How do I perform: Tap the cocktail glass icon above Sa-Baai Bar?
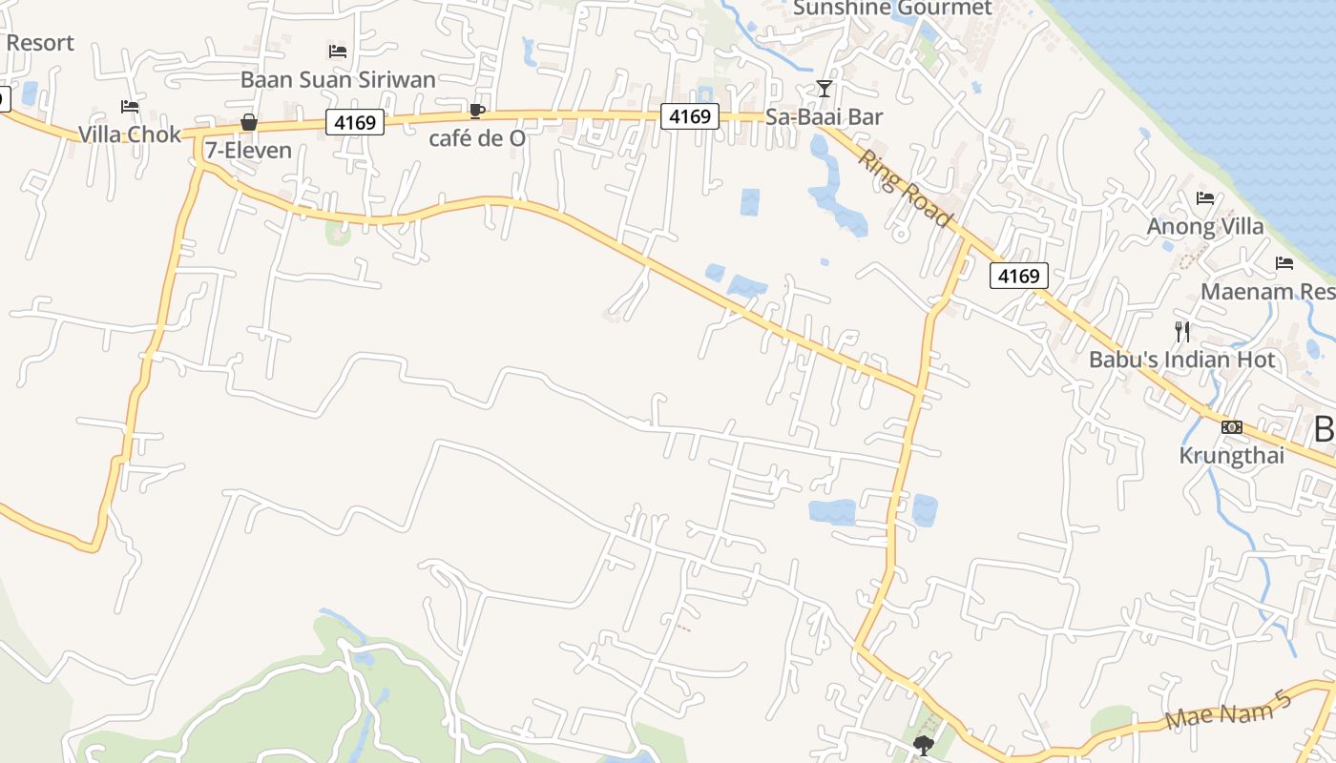pyautogui.click(x=825, y=89)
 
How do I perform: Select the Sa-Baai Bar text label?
pyautogui.click(x=825, y=117)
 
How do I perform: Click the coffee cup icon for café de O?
pyautogui.click(x=477, y=112)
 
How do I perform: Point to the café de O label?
pyautogui.click(x=477, y=138)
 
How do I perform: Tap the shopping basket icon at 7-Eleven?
pyautogui.click(x=249, y=122)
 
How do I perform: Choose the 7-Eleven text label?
pyautogui.click(x=248, y=151)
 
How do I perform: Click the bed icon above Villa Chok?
pyautogui.click(x=130, y=107)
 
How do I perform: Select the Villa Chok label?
pyautogui.click(x=130, y=134)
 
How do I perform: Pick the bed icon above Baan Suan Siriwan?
pyautogui.click(x=338, y=52)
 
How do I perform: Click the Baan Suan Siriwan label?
pyautogui.click(x=338, y=79)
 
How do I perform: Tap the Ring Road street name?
pyautogui.click(x=905, y=188)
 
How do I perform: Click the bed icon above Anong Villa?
pyautogui.click(x=1205, y=198)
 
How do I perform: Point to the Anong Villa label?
pyautogui.click(x=1205, y=227)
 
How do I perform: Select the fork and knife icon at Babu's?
pyautogui.click(x=1182, y=332)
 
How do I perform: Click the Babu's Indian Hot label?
pyautogui.click(x=1182, y=360)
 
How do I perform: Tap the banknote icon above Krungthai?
pyautogui.click(x=1232, y=427)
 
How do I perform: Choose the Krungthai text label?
pyautogui.click(x=1232, y=455)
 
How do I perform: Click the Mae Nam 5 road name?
pyautogui.click(x=1228, y=711)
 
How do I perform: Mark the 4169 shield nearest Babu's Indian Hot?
pyautogui.click(x=1019, y=276)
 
